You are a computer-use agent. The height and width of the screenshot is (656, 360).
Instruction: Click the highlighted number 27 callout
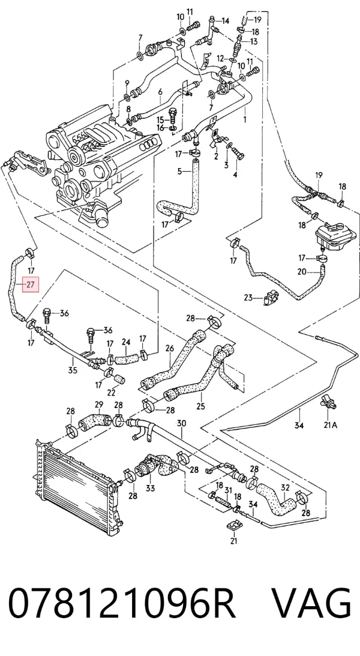[x=31, y=285]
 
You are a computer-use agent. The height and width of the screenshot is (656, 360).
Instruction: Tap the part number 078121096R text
[x=122, y=603]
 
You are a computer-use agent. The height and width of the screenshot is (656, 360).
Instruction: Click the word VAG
[x=311, y=603]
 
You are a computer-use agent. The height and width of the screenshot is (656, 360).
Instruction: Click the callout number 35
[x=73, y=370]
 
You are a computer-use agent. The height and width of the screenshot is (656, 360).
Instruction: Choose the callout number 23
[x=249, y=298]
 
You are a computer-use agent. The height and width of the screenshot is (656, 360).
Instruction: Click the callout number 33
[x=150, y=488]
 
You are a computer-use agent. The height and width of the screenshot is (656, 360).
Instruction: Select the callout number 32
[x=285, y=488]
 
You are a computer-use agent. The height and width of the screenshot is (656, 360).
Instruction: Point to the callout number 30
[x=181, y=423]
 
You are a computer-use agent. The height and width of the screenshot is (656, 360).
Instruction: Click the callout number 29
[x=99, y=405]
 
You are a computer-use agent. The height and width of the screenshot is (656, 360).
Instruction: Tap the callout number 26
[x=169, y=348]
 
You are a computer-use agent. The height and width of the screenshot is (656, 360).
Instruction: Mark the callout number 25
[x=200, y=406]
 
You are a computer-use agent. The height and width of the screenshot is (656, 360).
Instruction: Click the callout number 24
[x=126, y=342]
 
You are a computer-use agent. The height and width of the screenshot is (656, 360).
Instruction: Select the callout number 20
[x=302, y=271]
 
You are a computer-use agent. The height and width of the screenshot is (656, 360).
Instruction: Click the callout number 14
[x=226, y=20]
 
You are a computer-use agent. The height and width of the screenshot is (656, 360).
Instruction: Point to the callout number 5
[x=179, y=170]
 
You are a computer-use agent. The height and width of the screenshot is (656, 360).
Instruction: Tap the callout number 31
[x=228, y=490]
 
